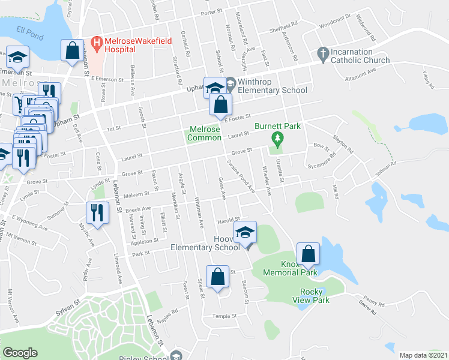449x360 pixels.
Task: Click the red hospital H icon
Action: click(x=95, y=43)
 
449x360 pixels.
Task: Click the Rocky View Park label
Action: click(x=315, y=296)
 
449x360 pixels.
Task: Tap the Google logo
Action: click(x=20, y=353)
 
